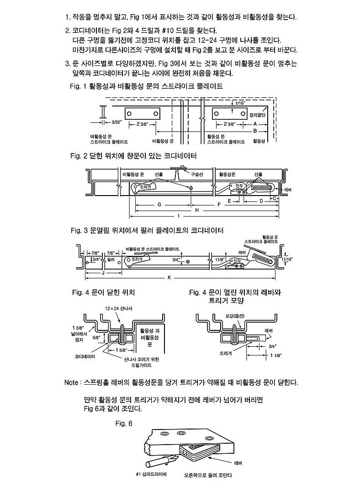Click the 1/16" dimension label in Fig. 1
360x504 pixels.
(x=240, y=103)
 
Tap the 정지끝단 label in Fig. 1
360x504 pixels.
(x=258, y=115)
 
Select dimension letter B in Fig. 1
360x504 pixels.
(x=255, y=131)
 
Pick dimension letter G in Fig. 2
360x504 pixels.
(x=159, y=204)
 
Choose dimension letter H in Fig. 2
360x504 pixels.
(x=197, y=210)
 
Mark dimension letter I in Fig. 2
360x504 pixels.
(x=179, y=216)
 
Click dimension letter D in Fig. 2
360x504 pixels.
(x=261, y=201)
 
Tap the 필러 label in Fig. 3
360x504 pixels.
(x=111, y=259)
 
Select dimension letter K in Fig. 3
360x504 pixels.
(x=169, y=277)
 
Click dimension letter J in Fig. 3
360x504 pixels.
(x=103, y=273)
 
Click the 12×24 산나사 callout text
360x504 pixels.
(x=119, y=308)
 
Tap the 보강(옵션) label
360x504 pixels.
(x=235, y=316)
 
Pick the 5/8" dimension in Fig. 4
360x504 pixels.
(x=96, y=338)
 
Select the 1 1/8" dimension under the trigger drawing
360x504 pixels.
(x=276, y=355)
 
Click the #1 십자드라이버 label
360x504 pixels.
(x=151, y=474)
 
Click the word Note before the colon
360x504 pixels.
(x=71, y=382)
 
